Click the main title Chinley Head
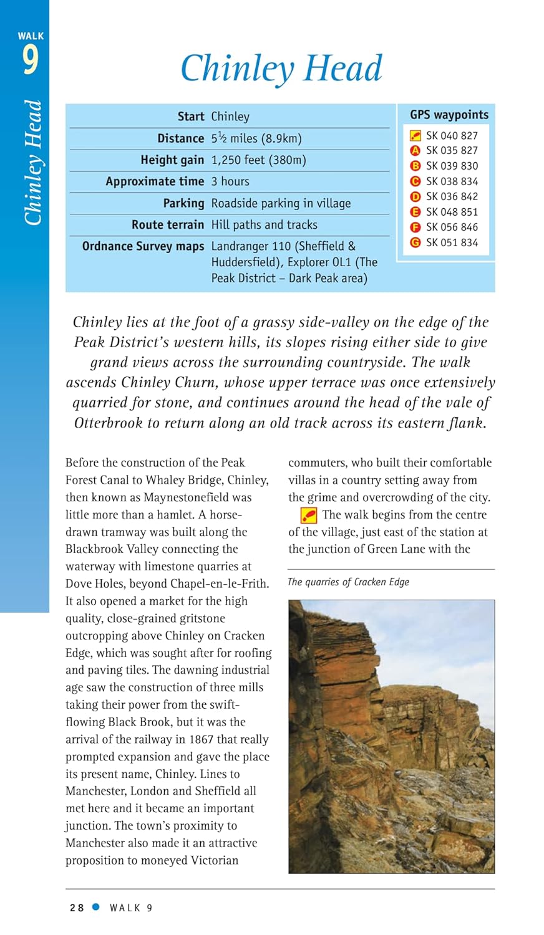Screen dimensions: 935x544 point(281,69)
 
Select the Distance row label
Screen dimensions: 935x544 point(180,138)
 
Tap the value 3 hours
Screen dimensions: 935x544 point(230,181)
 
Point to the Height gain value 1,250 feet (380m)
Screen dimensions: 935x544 point(258,160)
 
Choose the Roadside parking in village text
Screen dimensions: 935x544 point(281,203)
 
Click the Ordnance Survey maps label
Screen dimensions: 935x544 point(143,246)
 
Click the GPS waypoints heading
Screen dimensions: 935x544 point(449,115)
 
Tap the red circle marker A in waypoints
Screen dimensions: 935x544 point(415,151)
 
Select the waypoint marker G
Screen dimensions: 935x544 point(415,242)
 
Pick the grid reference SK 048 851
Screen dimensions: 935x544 point(452,212)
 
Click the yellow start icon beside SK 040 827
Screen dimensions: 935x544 point(415,135)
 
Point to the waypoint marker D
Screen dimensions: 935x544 point(415,196)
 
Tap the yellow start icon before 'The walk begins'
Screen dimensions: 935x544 point(309,515)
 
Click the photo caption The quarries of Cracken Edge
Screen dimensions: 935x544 point(348,582)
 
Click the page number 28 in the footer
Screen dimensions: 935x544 point(77,908)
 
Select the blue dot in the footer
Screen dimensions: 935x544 point(96,908)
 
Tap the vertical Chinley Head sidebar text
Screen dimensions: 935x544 point(32,162)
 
